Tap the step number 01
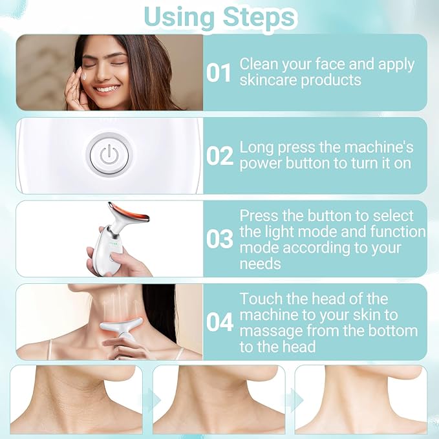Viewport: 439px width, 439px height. click(219, 73)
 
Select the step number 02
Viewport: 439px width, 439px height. click(219, 156)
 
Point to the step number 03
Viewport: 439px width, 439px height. click(219, 239)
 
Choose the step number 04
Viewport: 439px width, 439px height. click(219, 322)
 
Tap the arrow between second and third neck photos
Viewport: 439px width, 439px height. click(293, 400)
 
